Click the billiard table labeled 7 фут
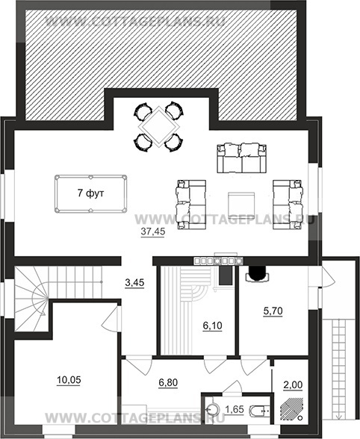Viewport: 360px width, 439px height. pos(91,194)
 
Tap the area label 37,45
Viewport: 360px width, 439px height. pos(152,232)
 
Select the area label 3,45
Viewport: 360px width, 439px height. pos(134,283)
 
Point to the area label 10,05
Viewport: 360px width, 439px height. pos(69,380)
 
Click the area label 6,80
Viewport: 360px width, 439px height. pos(168,382)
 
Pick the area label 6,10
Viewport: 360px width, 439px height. pos(212,326)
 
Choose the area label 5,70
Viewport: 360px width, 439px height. pos(273,311)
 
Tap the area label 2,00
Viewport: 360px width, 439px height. pos(293,385)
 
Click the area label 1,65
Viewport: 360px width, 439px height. pos(235,410)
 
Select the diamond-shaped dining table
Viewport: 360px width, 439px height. pos(159,127)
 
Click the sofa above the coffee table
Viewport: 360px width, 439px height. pos(241,158)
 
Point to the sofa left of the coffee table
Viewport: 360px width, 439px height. pos(190,205)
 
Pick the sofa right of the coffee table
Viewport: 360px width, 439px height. pos(288,205)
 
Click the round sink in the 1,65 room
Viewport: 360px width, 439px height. pos(213,410)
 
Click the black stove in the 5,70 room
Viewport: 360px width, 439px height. pos(258,273)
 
